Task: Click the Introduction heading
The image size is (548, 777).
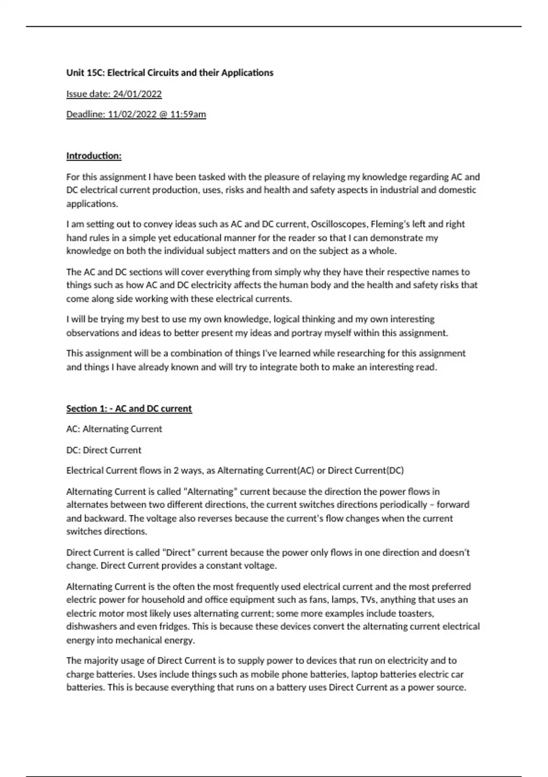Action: coord(94,156)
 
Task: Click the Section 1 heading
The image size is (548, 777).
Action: coord(129,409)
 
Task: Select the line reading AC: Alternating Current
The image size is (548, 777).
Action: coord(114,429)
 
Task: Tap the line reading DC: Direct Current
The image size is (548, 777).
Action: coord(104,450)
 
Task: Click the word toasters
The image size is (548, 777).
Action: coord(416,613)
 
